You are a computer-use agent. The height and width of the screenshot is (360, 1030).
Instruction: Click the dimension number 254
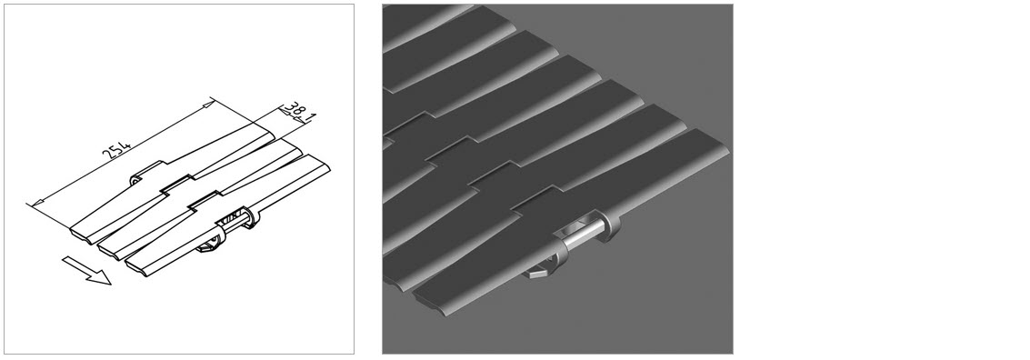118,149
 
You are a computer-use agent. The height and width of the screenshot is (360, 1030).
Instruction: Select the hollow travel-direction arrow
86,271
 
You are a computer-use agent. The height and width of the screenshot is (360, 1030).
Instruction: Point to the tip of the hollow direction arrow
110,284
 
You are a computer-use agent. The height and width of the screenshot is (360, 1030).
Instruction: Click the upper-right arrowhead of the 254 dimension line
208,103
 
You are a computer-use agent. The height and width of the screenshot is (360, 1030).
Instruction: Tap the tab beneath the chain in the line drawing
207,247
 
